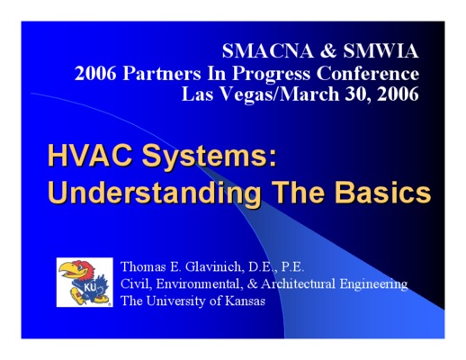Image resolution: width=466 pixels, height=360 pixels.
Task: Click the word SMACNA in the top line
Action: [267, 50]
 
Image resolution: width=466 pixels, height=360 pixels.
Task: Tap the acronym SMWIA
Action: [381, 50]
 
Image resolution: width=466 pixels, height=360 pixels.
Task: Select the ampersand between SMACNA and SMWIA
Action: [328, 50]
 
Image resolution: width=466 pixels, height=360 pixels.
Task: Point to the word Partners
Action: [162, 73]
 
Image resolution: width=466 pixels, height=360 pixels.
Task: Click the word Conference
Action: [368, 73]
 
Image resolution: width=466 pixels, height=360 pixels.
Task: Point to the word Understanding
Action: [155, 193]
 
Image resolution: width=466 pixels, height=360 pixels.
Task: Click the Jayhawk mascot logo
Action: [85, 283]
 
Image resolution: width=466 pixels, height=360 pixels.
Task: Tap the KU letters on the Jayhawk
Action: [90, 287]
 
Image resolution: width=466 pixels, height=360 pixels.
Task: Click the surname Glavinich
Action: [213, 266]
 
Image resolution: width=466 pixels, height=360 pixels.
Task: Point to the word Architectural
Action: [298, 283]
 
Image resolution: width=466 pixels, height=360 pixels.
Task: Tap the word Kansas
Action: [245, 301]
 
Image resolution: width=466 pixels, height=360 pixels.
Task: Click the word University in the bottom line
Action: [176, 301]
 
